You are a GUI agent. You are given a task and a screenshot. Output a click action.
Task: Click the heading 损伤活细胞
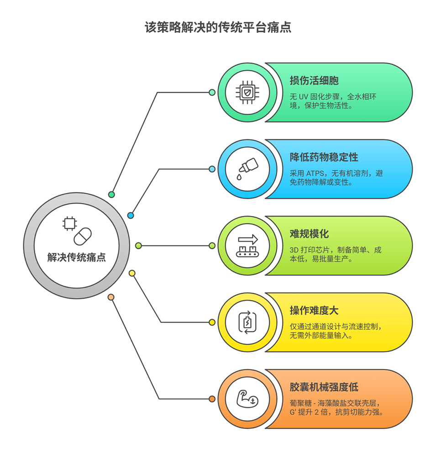(314, 81)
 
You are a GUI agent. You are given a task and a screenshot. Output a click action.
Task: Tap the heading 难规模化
(309, 234)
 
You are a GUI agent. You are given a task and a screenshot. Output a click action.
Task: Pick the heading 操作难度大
(314, 311)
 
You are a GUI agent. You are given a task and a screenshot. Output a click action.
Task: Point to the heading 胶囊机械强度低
(324, 388)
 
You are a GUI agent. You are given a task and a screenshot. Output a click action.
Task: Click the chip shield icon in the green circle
(247, 92)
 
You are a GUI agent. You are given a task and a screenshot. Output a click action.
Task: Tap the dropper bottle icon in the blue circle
(247, 169)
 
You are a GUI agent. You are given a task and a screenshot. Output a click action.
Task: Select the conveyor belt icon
(247, 246)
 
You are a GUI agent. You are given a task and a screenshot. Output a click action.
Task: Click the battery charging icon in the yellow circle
(247, 322)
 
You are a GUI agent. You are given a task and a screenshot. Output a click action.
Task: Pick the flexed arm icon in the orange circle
(247, 399)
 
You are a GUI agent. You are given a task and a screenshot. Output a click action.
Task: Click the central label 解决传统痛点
(77, 257)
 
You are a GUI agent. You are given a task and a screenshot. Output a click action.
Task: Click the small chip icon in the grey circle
(69, 224)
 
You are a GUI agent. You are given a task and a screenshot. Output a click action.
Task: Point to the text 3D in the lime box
(295, 250)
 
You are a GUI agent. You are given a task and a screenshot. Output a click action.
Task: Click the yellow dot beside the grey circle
(132, 273)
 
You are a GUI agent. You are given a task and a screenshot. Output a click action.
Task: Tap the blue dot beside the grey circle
(131, 215)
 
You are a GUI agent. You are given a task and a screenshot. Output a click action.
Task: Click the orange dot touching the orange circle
(212, 399)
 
